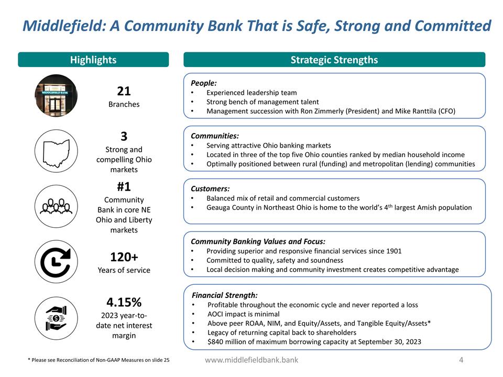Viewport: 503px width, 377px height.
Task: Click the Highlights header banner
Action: click(x=93, y=60)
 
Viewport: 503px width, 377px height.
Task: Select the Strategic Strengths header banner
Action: click(x=334, y=60)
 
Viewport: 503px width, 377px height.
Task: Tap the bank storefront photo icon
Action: click(x=56, y=96)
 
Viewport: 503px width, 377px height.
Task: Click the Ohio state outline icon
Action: click(x=56, y=151)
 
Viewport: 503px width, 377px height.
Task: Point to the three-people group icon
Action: click(x=56, y=206)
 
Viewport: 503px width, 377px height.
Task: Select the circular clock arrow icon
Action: click(x=56, y=262)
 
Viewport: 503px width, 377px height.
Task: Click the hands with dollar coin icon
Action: click(x=56, y=317)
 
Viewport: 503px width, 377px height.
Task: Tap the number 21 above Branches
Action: click(x=124, y=91)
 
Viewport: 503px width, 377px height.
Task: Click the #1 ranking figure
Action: click(x=124, y=187)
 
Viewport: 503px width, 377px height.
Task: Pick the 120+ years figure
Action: click(x=124, y=257)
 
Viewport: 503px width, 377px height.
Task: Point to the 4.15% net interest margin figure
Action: click(x=124, y=302)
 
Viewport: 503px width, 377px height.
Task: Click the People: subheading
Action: click(x=204, y=83)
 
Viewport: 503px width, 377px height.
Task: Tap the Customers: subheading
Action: click(x=210, y=188)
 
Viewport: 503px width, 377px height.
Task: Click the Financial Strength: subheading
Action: click(x=225, y=295)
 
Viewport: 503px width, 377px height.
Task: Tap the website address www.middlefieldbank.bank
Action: click(x=251, y=360)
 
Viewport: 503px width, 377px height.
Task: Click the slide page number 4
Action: click(x=461, y=360)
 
